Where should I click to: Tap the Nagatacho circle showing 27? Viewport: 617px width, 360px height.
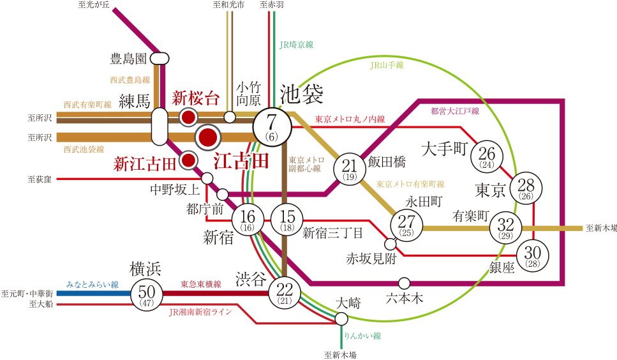tap(406, 224)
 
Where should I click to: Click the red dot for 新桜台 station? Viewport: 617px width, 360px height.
tap(188, 117)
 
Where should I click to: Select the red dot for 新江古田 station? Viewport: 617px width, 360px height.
tap(188, 160)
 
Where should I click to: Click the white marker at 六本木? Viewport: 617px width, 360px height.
tap(403, 283)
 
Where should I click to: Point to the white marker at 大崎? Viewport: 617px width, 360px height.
tap(342, 319)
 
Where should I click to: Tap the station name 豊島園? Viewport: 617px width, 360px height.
tap(129, 59)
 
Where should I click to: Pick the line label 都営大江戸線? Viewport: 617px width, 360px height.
tap(455, 111)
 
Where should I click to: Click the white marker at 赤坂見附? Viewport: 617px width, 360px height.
tap(390, 244)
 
